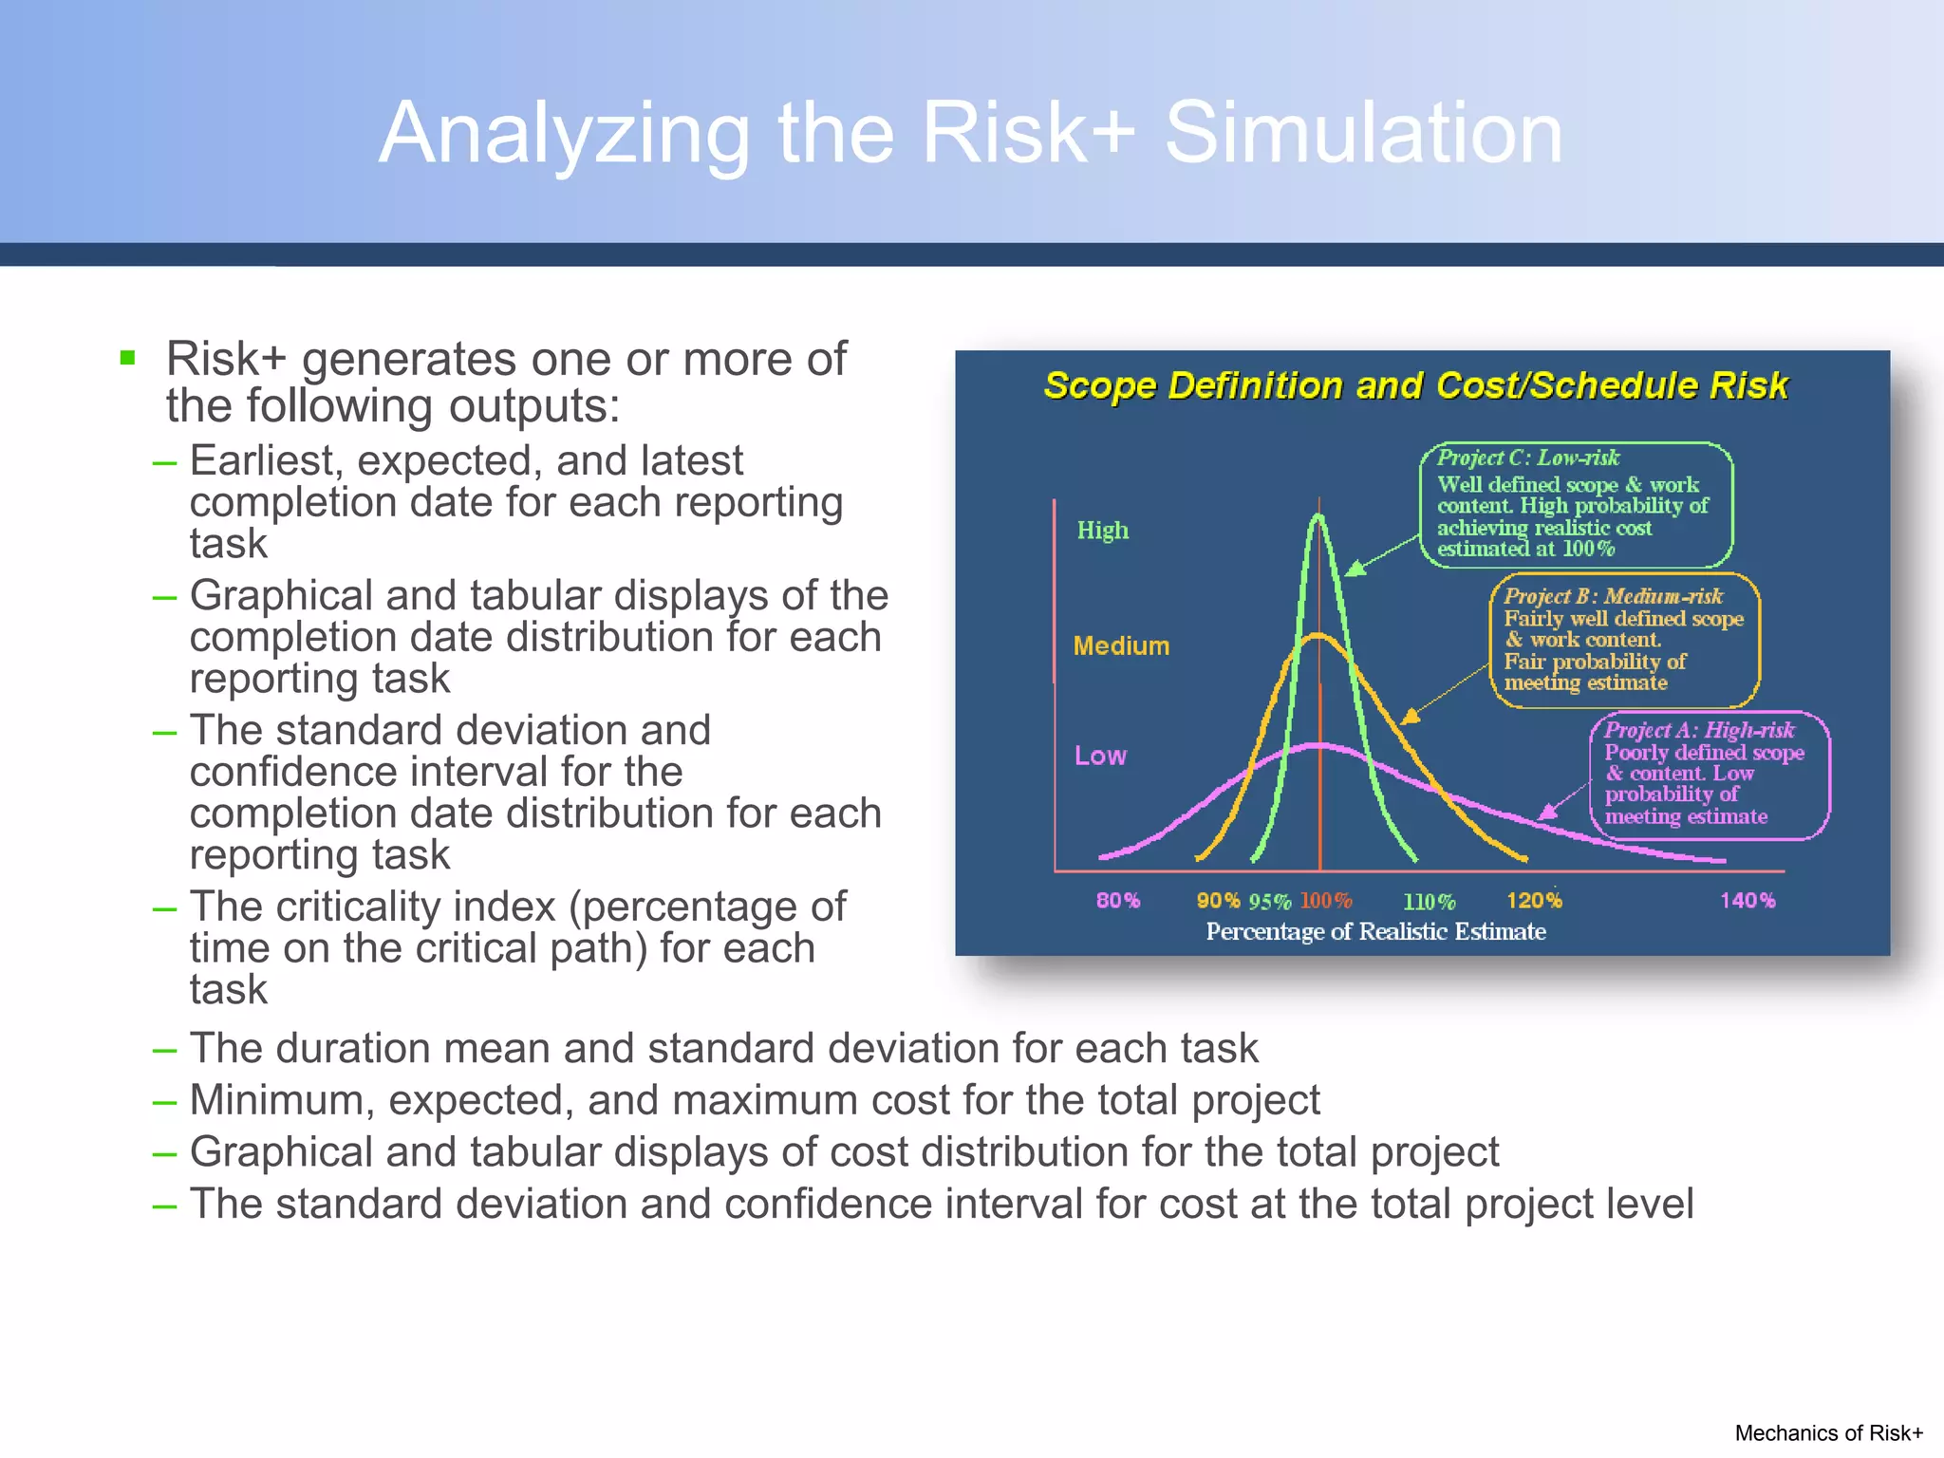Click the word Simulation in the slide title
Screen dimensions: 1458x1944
coord(1363,133)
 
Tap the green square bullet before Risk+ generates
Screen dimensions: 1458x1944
coord(128,358)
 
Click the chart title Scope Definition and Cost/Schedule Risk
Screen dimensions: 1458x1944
coord(1415,385)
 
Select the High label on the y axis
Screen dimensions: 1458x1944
coord(1102,530)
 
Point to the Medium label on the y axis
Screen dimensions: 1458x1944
coord(1121,646)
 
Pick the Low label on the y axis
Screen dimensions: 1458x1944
coord(1100,756)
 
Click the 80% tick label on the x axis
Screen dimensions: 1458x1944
coord(1117,900)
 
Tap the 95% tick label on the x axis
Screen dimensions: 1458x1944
coord(1269,901)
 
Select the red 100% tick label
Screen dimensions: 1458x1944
coord(1325,900)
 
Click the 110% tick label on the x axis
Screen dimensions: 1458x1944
coord(1429,901)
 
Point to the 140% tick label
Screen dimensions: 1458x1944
coord(1747,900)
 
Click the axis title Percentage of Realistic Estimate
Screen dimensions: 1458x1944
coord(1375,931)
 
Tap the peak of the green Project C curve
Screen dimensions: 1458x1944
coord(1318,518)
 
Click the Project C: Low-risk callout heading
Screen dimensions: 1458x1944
coord(1527,458)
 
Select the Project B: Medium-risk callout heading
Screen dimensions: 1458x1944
coord(1613,596)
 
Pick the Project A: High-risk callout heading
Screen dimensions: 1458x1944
coord(1699,730)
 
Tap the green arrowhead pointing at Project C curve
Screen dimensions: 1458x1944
coord(1355,569)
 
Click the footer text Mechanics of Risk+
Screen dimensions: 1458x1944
coord(1828,1432)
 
